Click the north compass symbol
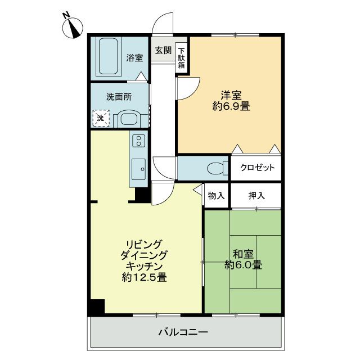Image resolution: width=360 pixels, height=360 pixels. [x=73, y=28]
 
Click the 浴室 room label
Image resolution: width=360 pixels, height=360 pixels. [x=134, y=58]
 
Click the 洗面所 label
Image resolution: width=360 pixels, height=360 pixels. [x=119, y=96]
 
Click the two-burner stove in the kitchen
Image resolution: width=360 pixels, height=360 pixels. [x=138, y=141]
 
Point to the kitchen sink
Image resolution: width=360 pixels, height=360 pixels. [x=138, y=166]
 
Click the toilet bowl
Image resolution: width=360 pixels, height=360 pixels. [x=215, y=168]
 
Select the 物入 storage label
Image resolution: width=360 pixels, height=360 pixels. [x=216, y=196]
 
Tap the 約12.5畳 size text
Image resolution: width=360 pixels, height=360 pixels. [x=144, y=277]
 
